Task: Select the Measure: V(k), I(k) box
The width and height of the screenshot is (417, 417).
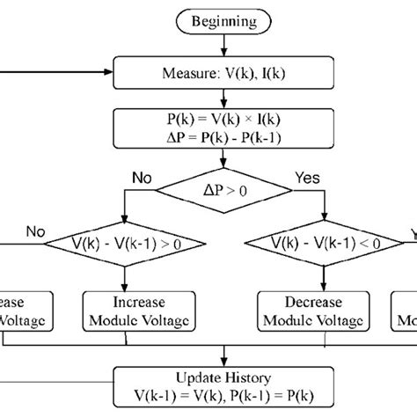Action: (x=226, y=71)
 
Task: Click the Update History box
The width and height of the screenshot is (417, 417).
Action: (x=225, y=383)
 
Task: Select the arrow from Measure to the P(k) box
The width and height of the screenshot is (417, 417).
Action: (x=226, y=99)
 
